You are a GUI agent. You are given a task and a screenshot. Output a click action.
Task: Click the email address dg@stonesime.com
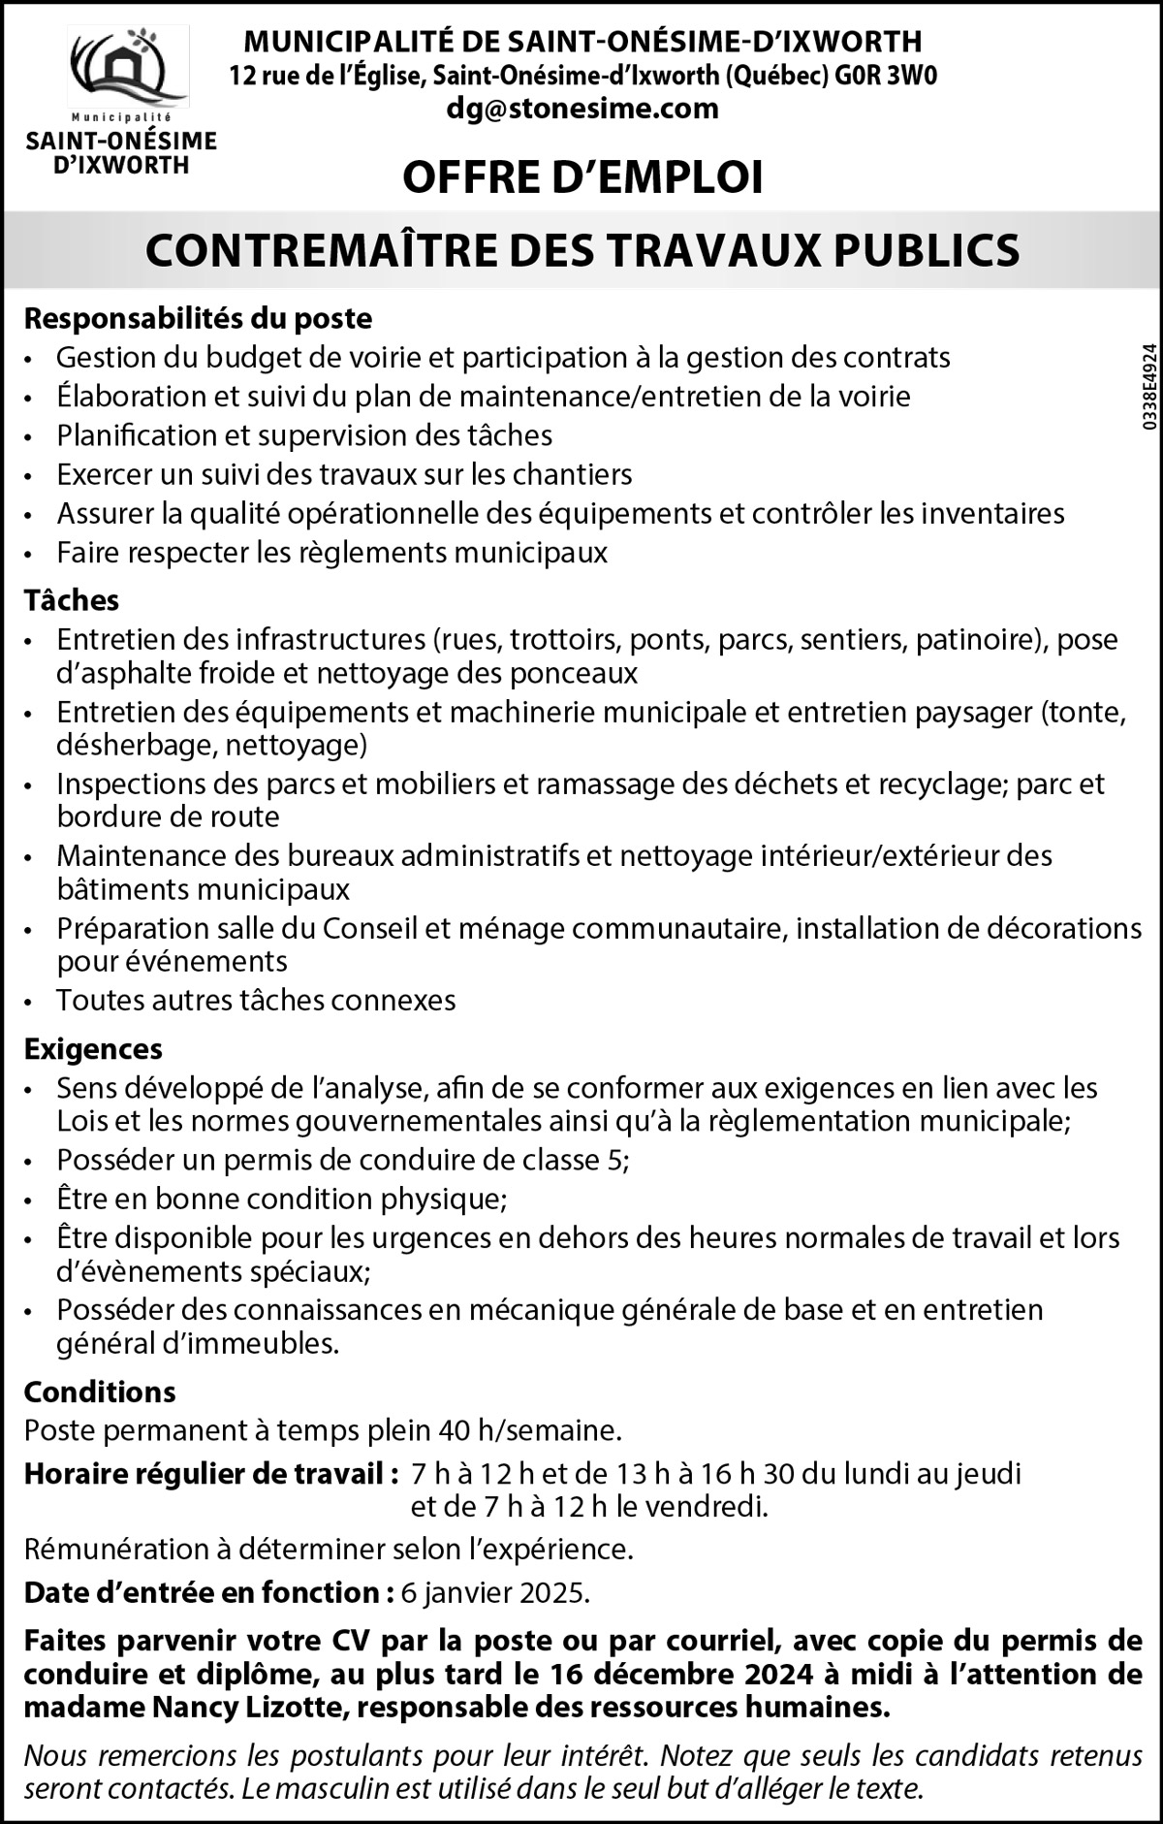coord(582,108)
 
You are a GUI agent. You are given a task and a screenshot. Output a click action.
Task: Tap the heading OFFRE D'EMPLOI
coord(582,176)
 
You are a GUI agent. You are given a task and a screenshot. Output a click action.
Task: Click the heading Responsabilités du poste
coord(198,318)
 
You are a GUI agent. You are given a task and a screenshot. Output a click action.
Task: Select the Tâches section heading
coord(71,600)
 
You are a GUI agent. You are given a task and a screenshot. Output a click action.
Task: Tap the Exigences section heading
coord(93,1048)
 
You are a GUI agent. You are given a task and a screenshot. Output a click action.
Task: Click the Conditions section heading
coord(100,1392)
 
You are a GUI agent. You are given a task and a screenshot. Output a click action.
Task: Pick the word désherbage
coord(128,745)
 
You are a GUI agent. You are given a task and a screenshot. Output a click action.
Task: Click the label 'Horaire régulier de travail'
coord(210,1474)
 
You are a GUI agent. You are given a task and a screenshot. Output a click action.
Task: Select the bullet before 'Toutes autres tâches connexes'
coord(33,1002)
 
